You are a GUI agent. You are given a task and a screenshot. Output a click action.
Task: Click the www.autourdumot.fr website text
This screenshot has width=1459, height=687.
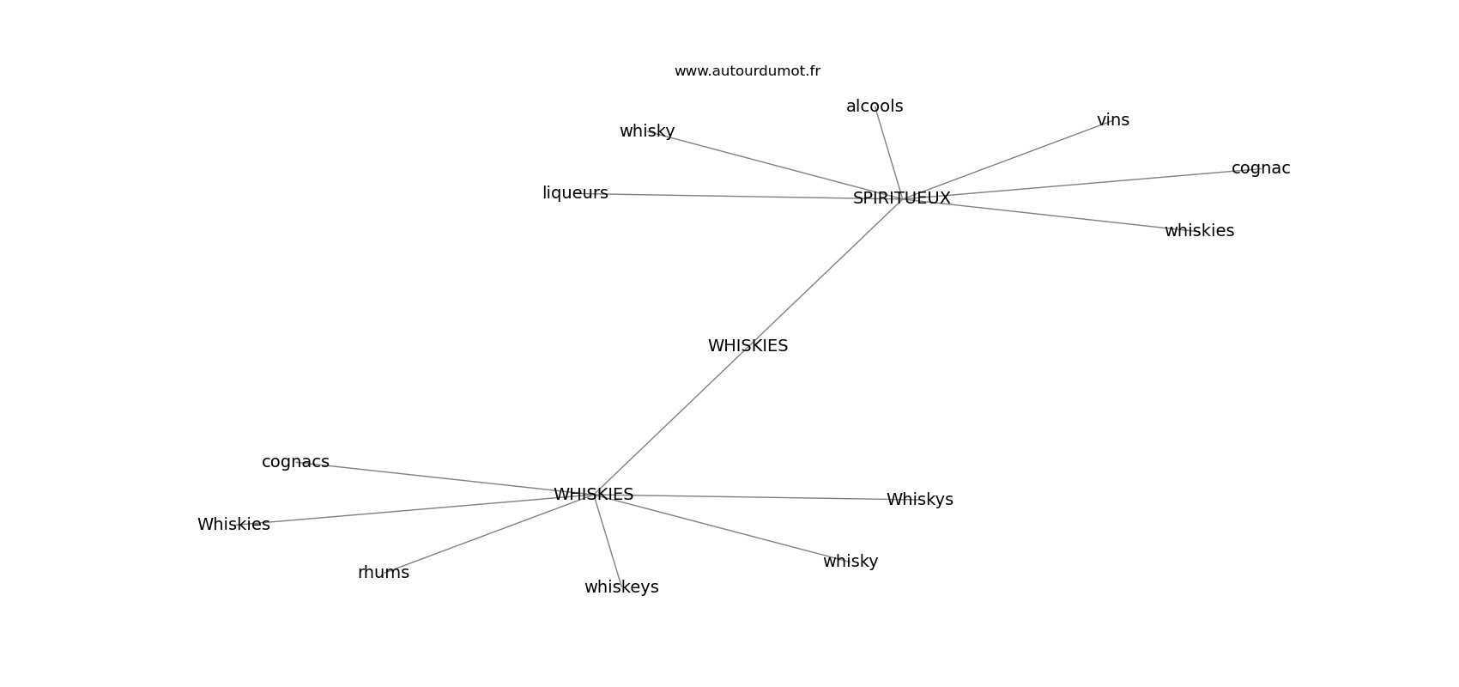(747, 71)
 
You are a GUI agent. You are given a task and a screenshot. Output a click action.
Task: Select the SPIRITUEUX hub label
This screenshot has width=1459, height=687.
(901, 198)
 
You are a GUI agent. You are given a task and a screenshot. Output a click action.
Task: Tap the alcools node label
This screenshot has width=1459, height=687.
(874, 106)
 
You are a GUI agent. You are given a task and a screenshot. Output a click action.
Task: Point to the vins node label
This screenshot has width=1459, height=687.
(1113, 120)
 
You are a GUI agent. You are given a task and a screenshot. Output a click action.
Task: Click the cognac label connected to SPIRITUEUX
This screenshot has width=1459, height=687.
(1261, 169)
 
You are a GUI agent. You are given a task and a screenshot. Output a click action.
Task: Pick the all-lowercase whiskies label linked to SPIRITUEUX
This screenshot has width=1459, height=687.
(1199, 231)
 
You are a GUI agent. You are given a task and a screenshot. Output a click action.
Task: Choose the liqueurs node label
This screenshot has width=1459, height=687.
(575, 193)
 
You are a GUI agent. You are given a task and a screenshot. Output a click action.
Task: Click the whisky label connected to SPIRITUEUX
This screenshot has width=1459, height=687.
(647, 131)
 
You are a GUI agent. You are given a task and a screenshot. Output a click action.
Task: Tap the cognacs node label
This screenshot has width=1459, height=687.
(295, 462)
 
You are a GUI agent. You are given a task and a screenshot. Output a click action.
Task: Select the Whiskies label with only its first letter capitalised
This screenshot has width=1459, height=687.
(233, 525)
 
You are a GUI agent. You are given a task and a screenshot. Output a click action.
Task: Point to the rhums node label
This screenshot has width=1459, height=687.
(383, 573)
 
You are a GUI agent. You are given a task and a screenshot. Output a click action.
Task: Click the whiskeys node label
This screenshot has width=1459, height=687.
(621, 587)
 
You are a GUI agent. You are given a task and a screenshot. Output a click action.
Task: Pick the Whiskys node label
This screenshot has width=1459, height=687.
(920, 500)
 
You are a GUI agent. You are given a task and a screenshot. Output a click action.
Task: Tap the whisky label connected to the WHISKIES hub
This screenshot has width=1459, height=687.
(850, 562)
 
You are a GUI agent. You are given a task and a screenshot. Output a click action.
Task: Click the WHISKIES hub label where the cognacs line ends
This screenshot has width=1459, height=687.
(593, 495)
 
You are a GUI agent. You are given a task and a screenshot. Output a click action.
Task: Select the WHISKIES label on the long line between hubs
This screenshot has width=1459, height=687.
(748, 346)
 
